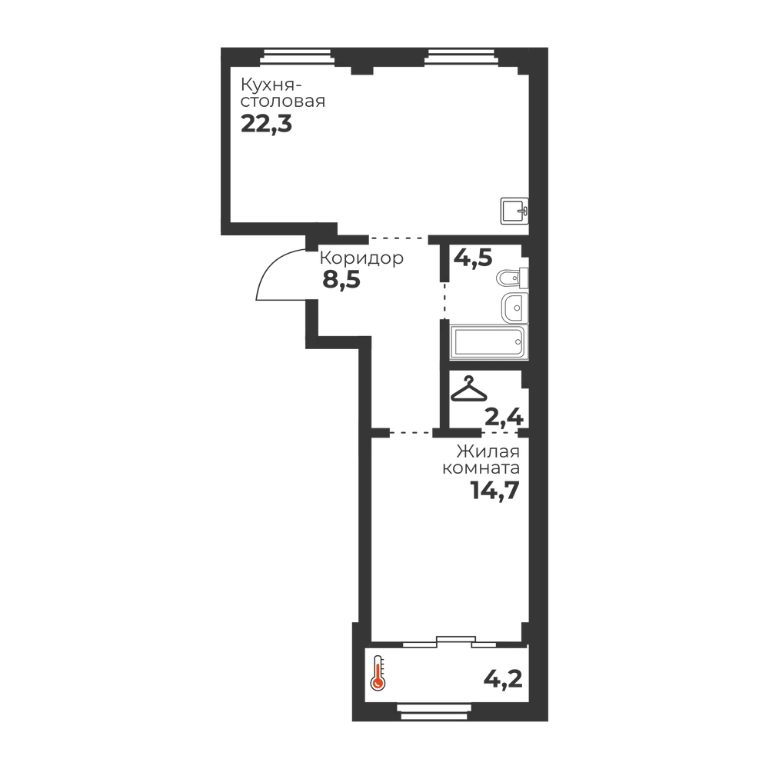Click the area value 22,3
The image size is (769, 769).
[266, 125]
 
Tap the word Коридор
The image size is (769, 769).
[361, 258]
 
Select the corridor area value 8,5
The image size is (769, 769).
[341, 280]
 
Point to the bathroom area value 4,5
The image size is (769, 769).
[473, 258]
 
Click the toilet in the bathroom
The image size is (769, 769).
[512, 278]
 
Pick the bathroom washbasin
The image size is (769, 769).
[514, 308]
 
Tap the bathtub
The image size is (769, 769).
[489, 342]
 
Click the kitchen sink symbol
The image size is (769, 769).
[514, 211]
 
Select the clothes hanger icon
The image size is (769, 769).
[469, 389]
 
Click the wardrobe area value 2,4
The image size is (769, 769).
[504, 418]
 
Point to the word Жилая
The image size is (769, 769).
[488, 451]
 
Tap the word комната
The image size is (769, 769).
[481, 468]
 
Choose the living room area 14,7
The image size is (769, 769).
[494, 490]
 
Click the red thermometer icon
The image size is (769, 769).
[378, 673]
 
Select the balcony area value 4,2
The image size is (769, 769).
[503, 679]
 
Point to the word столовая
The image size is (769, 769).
[283, 102]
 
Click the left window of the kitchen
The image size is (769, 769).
[298, 57]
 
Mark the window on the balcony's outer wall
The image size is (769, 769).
[436, 711]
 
